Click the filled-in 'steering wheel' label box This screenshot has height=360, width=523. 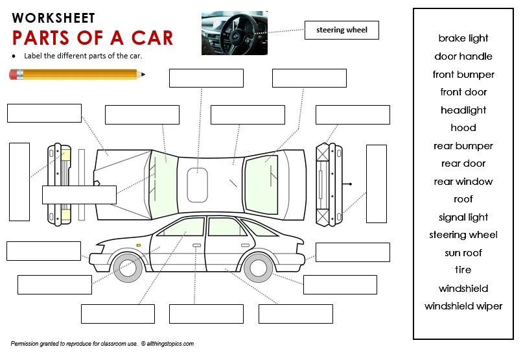tap(342, 30)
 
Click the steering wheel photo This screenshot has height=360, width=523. tap(234, 32)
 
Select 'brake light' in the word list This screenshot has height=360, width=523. tap(463, 38)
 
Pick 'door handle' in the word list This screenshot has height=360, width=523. tap(463, 56)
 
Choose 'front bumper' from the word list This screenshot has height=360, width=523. tap(463, 75)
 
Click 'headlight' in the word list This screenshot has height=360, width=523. tap(463, 110)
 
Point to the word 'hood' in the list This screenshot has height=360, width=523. tap(463, 128)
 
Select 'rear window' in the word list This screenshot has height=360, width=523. tap(463, 182)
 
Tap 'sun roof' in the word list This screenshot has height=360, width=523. tap(463, 253)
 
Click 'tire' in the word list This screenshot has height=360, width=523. tap(463, 270)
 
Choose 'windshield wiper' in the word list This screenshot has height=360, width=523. tap(463, 306)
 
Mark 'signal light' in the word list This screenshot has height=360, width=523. tap(463, 217)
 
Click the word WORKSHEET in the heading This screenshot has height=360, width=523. tap(53, 18)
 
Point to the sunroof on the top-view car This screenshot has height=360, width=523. tap(197, 184)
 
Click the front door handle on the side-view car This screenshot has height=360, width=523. tap(196, 245)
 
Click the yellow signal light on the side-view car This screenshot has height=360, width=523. tap(138, 245)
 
